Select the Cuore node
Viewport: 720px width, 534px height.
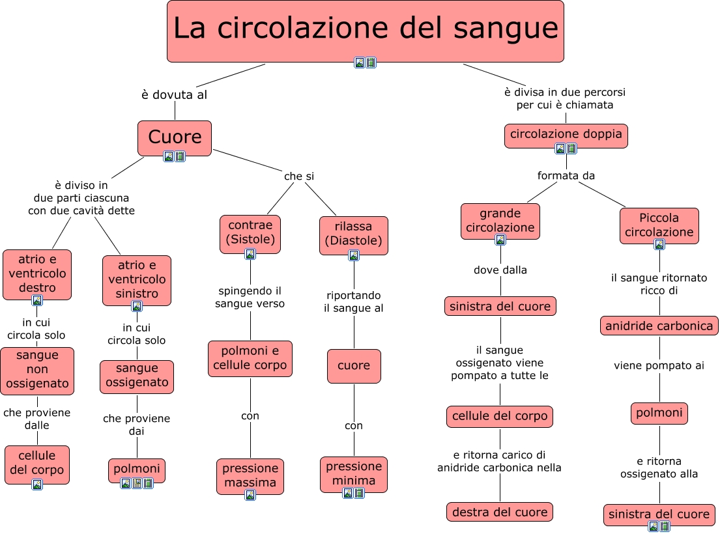(x=175, y=137)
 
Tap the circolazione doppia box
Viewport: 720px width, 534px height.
(x=566, y=135)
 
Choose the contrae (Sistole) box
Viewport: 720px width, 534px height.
(x=250, y=232)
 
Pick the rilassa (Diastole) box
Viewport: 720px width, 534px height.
(x=354, y=234)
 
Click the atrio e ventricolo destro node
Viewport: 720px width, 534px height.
(x=37, y=274)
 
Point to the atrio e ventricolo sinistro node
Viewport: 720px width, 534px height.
(x=137, y=279)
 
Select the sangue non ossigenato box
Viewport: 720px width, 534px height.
(x=37, y=370)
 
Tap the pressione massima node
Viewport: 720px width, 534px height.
(x=250, y=475)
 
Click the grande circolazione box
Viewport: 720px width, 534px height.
(x=500, y=221)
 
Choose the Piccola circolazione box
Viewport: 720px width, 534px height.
(x=659, y=225)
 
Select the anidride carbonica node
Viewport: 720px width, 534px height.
(x=659, y=326)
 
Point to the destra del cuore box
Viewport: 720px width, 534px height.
(x=500, y=512)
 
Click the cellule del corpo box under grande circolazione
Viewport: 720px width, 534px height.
(x=500, y=416)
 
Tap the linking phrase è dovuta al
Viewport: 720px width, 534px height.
(x=174, y=95)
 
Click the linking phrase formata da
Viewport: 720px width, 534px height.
(x=566, y=176)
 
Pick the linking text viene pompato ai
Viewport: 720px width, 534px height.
(x=659, y=366)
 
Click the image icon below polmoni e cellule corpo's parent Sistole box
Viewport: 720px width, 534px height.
(x=250, y=254)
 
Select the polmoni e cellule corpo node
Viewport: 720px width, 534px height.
(x=250, y=358)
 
